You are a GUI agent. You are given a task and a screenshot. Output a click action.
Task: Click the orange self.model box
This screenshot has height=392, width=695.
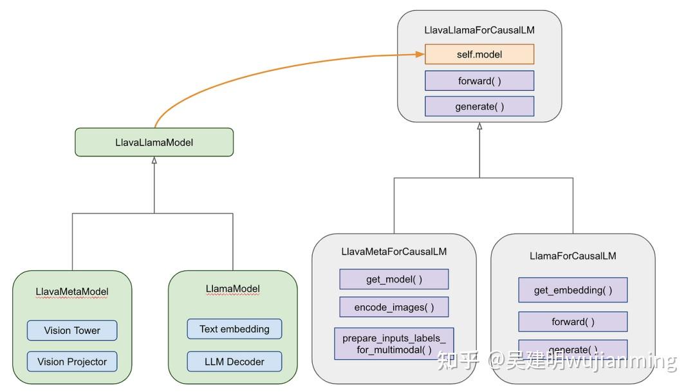click(479, 54)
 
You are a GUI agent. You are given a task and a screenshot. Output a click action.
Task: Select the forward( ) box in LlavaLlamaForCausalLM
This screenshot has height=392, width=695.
click(479, 80)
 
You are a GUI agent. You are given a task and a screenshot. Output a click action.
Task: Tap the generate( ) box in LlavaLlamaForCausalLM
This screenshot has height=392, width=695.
click(479, 106)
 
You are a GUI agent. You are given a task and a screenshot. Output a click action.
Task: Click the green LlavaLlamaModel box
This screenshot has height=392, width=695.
click(154, 142)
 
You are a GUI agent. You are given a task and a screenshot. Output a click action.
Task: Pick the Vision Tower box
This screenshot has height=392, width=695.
click(72, 330)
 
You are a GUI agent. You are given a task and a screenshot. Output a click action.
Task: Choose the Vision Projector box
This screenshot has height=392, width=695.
click(72, 361)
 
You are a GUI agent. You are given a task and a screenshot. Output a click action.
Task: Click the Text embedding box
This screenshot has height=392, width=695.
click(234, 329)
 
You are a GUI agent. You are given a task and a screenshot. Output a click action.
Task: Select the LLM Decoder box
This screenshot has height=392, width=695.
click(234, 361)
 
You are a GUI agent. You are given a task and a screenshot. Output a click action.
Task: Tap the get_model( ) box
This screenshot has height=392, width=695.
click(394, 279)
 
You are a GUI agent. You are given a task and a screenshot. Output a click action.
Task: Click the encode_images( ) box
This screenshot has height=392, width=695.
click(394, 307)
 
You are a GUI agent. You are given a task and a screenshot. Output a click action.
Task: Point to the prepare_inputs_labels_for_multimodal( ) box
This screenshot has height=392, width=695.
click(394, 344)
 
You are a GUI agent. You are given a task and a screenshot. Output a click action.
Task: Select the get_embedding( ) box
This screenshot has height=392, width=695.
click(573, 290)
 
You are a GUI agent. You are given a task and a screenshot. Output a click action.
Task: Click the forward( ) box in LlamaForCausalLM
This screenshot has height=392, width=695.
click(573, 321)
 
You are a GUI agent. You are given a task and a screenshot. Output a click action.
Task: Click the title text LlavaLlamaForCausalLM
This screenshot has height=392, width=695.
click(479, 30)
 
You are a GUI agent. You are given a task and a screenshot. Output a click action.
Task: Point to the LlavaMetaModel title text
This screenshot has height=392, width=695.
click(72, 292)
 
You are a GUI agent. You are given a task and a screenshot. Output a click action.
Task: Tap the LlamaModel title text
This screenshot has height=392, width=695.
click(233, 288)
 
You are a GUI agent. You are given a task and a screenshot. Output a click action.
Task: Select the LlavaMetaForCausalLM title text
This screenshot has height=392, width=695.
click(394, 252)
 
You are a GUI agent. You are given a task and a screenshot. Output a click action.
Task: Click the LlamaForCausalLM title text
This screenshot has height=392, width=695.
click(573, 256)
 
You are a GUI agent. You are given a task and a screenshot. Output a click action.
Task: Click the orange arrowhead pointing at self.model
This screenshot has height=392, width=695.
click(420, 54)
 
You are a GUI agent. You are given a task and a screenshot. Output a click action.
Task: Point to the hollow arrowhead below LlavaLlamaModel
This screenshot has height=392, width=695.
click(154, 160)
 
